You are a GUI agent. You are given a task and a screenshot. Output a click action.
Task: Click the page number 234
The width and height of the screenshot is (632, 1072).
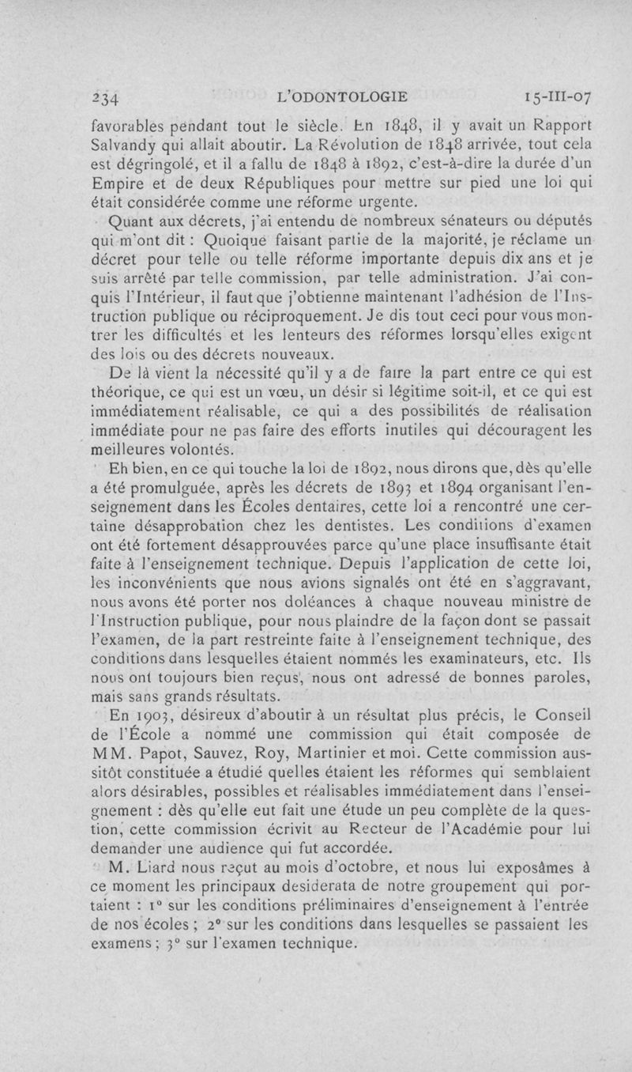coord(104,98)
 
